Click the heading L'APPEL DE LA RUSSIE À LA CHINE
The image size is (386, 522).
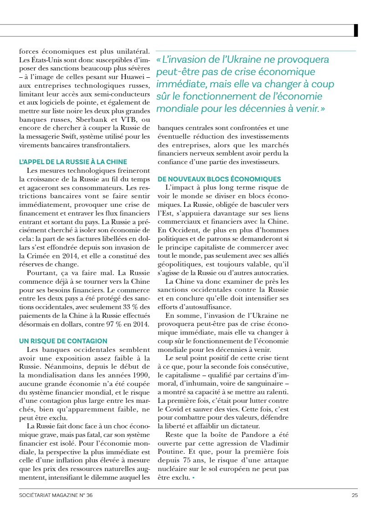tap(73, 162)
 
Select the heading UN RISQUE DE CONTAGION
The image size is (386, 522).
tap(63, 341)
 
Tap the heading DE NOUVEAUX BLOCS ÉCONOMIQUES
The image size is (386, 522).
tap(219, 179)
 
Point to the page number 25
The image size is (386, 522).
tap(355, 496)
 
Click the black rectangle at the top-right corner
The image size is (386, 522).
tap(356, 30)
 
